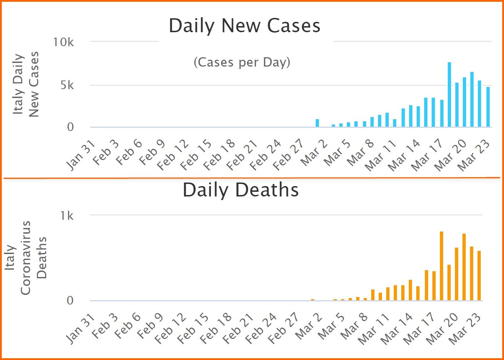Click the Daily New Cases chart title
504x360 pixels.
coord(244,26)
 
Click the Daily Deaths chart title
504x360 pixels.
coord(241,190)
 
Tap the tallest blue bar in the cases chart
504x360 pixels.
coord(449,94)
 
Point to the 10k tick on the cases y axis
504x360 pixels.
coord(63,42)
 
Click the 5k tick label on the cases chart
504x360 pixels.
coord(67,85)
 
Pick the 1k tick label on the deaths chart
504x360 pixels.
coord(67,216)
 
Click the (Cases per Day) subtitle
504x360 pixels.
coord(242,62)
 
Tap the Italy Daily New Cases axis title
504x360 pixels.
coord(25,84)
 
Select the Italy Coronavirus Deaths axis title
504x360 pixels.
coord(25,258)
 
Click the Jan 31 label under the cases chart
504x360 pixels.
coord(81,155)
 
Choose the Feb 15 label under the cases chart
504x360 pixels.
coord(196,155)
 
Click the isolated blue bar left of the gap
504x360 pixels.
coord(317,123)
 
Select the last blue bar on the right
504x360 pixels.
coord(488,107)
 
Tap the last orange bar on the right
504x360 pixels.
coord(479,276)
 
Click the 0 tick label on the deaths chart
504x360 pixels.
coord(70,301)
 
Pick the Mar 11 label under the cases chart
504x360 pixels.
coord(380,155)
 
